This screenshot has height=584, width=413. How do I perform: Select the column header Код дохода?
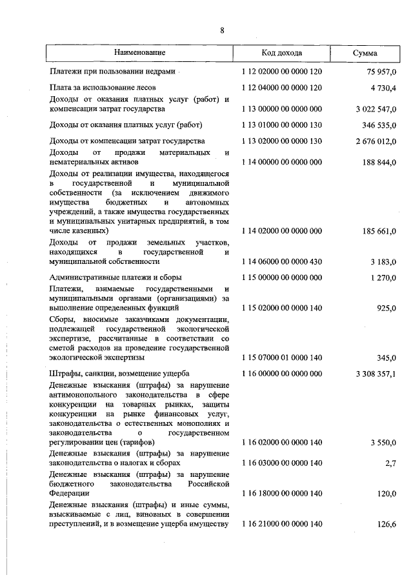[x=281, y=52]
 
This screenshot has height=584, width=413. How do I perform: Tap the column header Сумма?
[x=365, y=53]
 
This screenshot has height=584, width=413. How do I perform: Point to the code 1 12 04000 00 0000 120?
[x=281, y=86]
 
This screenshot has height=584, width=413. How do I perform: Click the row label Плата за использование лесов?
[x=102, y=86]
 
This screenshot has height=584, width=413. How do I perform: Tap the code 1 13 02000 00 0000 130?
[x=281, y=140]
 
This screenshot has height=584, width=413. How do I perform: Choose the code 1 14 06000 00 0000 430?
[x=281, y=261]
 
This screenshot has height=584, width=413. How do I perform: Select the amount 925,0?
[x=386, y=308]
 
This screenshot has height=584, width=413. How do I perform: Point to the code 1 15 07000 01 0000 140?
[x=281, y=356]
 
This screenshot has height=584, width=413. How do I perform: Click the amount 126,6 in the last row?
[x=387, y=525]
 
